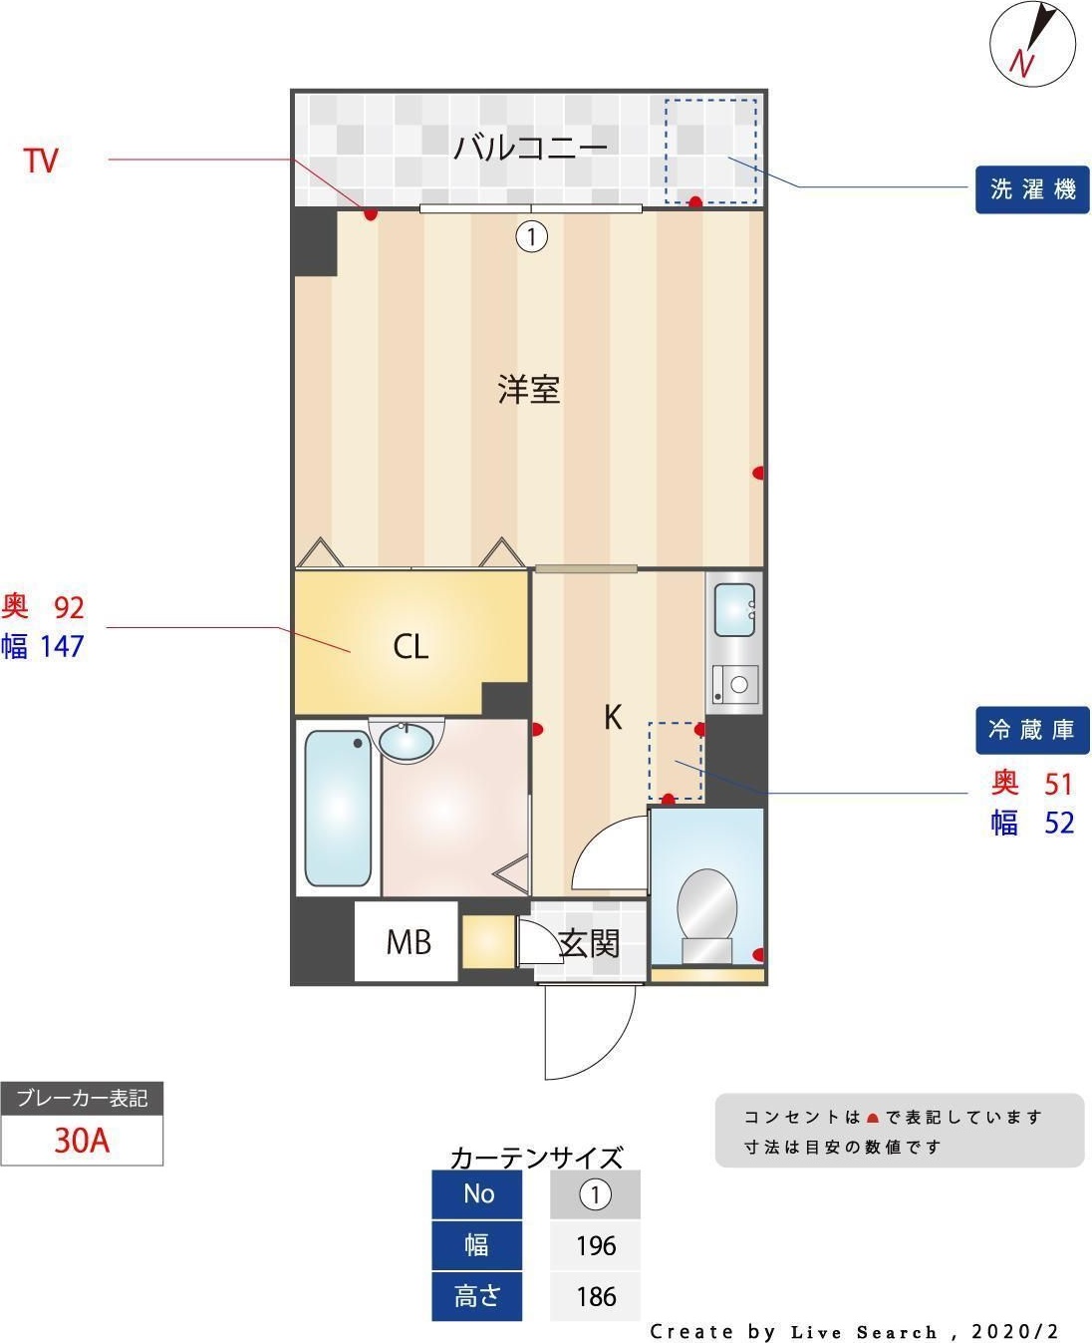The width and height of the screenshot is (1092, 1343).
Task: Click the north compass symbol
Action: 1032,44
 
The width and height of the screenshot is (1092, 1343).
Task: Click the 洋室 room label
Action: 529,389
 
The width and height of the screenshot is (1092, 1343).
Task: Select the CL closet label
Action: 410,647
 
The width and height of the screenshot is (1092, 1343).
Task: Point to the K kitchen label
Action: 613,717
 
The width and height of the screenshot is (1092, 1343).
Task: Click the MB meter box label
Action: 408,942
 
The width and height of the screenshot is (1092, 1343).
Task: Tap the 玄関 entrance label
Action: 589,943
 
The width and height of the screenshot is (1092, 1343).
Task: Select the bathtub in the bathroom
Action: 339,810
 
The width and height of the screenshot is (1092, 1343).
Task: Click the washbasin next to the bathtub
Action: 406,741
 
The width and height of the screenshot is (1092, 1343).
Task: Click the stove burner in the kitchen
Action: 738,685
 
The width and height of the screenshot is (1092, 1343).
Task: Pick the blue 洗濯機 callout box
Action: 1032,189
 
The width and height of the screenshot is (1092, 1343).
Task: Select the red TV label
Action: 41,161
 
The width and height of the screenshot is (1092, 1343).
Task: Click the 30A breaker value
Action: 82,1140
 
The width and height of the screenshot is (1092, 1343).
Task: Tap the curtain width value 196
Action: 595,1245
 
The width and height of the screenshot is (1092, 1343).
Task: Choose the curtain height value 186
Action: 595,1296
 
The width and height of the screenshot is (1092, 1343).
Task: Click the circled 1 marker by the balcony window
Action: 532,236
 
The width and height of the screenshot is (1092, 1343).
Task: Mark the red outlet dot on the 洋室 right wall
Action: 758,473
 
